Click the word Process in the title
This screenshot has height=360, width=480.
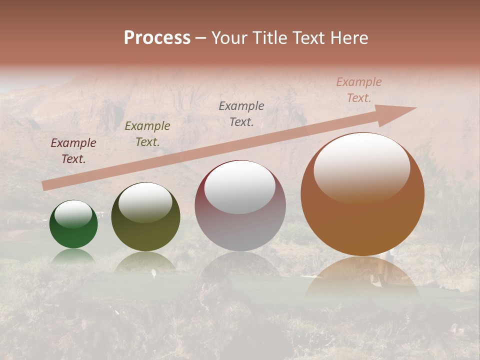pos(157,38)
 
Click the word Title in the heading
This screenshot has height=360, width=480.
pos(269,38)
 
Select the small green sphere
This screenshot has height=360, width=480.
pos(73,224)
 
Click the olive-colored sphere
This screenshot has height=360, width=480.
pos(145,217)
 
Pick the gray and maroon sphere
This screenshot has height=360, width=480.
pos(240,206)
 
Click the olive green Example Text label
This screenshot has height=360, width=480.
pos(147,134)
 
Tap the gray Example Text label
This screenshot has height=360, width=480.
pos(241,113)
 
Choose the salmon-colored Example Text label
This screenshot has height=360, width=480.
pos(359,90)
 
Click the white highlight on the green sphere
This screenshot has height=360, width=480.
pos(73,214)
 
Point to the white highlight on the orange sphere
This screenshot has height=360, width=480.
pos(362,167)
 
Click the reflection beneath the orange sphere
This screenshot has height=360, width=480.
pos(362,275)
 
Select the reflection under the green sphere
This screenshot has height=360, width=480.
pos(73,256)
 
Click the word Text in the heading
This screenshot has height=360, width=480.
pos(310,38)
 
